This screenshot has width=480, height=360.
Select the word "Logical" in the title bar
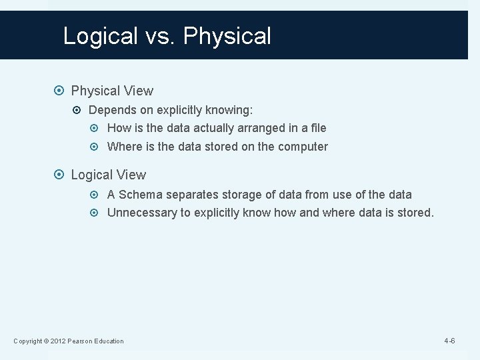(100, 36)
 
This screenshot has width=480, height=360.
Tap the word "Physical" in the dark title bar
(227, 36)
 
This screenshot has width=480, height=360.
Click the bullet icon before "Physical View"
(61, 91)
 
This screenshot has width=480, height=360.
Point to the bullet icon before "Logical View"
(61, 175)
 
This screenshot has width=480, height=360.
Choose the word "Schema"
(141, 195)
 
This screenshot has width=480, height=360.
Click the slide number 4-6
(449, 341)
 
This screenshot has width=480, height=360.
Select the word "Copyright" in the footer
(27, 341)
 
